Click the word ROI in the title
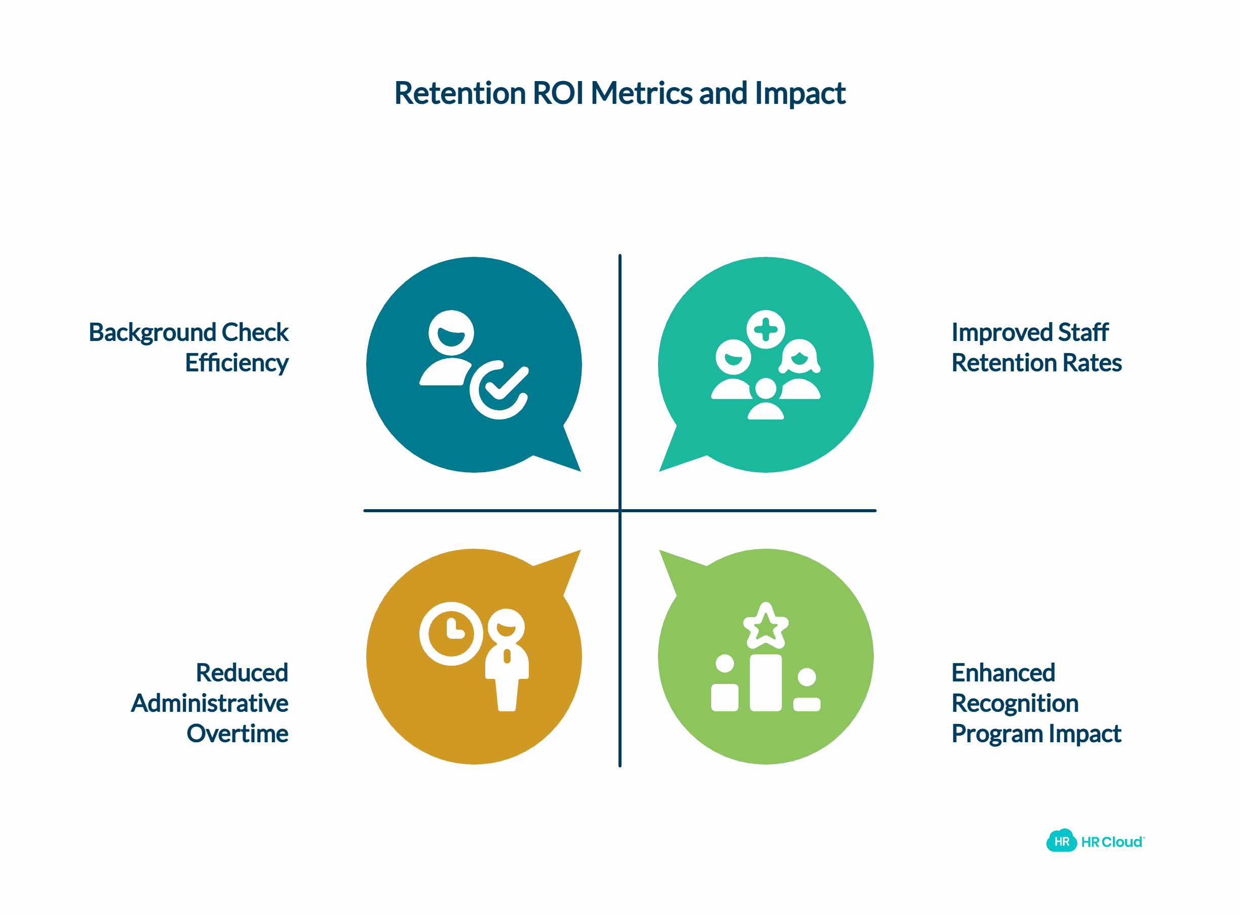click(x=557, y=93)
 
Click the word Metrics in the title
click(x=641, y=93)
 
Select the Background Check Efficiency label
click(x=189, y=347)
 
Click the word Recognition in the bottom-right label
click(x=1015, y=703)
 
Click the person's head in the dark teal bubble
click(x=451, y=332)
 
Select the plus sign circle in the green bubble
click(x=765, y=329)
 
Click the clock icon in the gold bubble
click(x=451, y=633)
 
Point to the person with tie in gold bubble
click(x=507, y=659)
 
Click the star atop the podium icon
click(x=765, y=626)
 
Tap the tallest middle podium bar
click(x=765, y=682)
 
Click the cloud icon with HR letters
click(x=1061, y=842)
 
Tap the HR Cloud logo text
click(x=1111, y=842)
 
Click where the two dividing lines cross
click(x=619, y=511)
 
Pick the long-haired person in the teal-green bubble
click(x=799, y=368)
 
